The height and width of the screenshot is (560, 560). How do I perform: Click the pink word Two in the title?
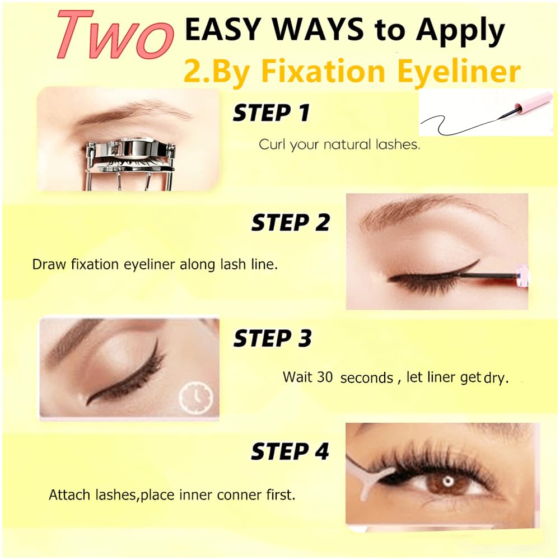coord(114,34)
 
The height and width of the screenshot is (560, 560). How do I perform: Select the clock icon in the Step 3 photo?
coord(195,397)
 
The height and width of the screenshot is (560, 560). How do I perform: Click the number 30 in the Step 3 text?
coord(325,377)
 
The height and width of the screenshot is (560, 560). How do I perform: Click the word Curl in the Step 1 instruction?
coord(272,144)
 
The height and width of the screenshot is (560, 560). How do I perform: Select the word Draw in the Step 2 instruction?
coord(49,265)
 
